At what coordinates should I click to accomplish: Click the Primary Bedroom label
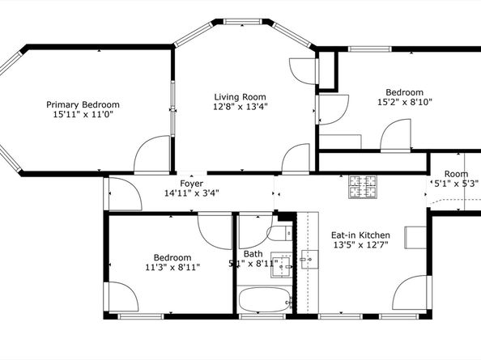[x=83, y=104]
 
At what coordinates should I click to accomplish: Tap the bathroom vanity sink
[x=282, y=265]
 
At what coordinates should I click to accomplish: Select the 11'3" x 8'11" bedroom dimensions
[x=172, y=266]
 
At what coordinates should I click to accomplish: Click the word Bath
[x=253, y=253]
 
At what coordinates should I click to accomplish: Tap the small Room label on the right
[x=455, y=173]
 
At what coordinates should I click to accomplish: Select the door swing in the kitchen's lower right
[x=411, y=294]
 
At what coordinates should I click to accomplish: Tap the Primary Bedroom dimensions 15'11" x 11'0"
[x=83, y=115]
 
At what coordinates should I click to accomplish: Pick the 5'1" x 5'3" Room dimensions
[x=455, y=184]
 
